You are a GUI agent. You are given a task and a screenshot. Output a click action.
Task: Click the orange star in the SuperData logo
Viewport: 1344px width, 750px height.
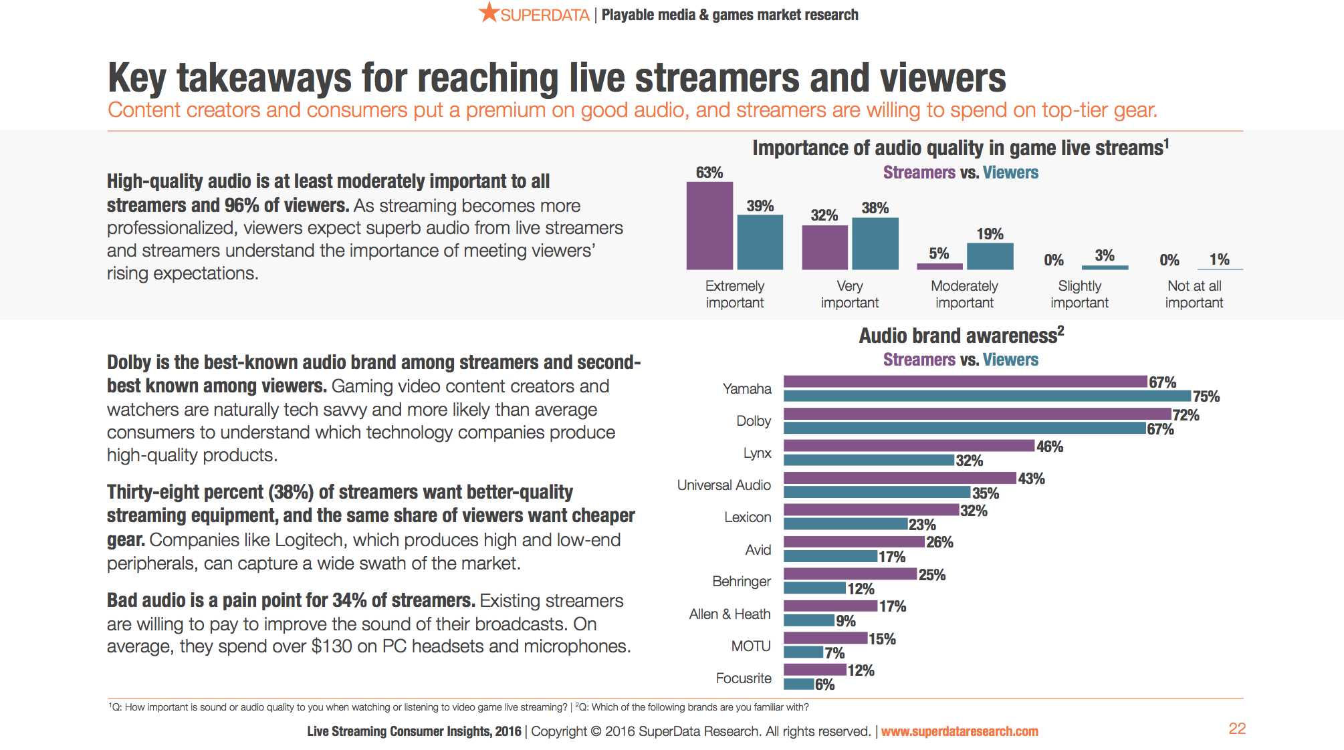tap(489, 12)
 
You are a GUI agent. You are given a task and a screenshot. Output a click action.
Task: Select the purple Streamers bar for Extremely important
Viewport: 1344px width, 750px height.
tap(709, 225)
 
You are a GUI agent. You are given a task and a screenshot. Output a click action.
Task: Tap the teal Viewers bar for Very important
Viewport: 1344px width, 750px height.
tap(875, 243)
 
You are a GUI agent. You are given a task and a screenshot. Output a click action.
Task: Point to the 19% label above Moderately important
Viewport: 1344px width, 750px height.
tap(990, 234)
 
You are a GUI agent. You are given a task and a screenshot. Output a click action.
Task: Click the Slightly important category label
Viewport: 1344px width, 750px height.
tap(1079, 294)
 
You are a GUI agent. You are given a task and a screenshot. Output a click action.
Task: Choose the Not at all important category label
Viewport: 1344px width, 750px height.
tap(1194, 294)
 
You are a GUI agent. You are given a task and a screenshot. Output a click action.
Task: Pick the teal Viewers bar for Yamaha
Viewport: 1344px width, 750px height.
tap(987, 396)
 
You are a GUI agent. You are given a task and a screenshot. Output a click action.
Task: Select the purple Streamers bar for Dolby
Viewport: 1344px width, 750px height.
tap(977, 414)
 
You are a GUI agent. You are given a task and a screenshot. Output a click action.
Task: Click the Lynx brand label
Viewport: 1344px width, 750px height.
tap(757, 453)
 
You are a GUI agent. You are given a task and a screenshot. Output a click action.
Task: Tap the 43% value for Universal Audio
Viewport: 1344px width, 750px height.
tap(1031, 479)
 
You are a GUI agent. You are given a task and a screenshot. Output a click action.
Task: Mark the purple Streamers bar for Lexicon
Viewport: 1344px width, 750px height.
tap(871, 510)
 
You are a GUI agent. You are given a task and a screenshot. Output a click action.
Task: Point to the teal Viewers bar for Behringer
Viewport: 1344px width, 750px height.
tap(814, 588)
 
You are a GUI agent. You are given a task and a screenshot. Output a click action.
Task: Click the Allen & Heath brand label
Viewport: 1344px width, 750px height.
tap(730, 614)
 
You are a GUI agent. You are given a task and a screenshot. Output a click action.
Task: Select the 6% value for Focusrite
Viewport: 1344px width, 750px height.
tap(824, 684)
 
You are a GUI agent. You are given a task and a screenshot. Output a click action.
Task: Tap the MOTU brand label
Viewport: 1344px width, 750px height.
tap(750, 646)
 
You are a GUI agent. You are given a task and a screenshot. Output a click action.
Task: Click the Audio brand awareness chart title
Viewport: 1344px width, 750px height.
tap(961, 336)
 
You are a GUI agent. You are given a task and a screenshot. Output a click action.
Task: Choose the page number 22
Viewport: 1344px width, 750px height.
tap(1237, 729)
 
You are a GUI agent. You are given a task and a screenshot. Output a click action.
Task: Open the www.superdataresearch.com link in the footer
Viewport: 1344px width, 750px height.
tap(960, 731)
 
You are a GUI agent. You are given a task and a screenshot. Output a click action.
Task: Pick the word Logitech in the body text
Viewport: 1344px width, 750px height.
tap(310, 540)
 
